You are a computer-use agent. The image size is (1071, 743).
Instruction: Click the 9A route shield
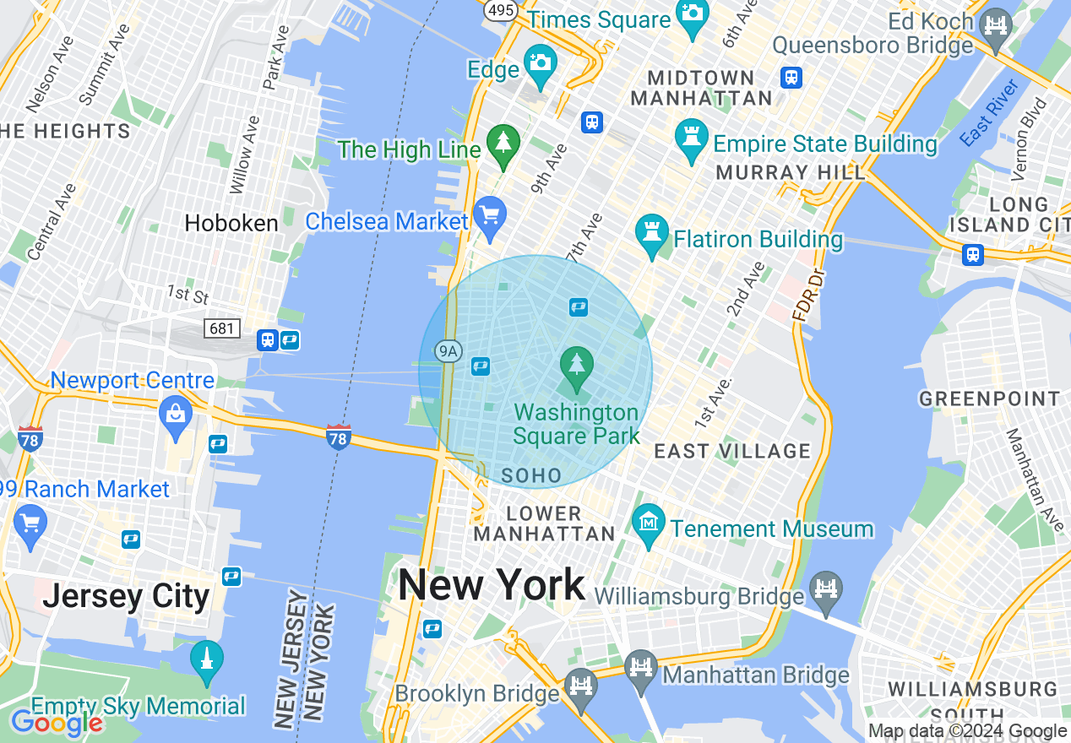click(448, 350)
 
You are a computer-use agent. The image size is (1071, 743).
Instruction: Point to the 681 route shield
click(221, 328)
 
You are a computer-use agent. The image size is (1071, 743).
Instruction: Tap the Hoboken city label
click(231, 223)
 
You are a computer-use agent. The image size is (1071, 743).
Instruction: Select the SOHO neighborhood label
click(531, 476)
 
